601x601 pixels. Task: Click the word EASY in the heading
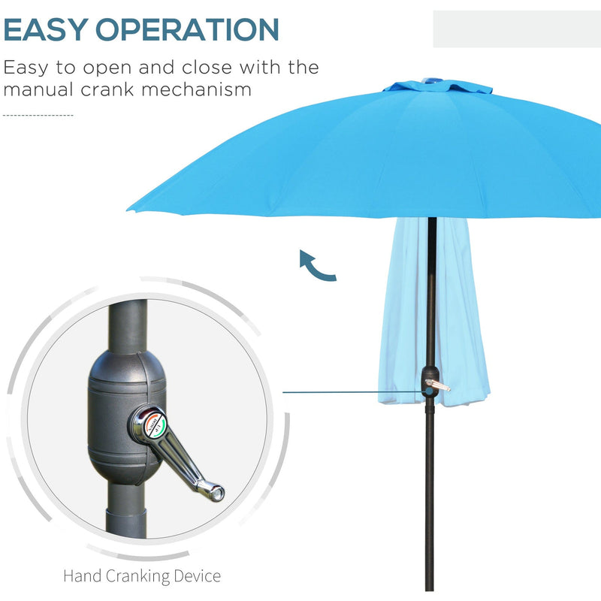coord(47,30)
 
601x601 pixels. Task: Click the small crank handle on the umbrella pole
coord(437,385)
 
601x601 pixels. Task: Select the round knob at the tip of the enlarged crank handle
coord(216,493)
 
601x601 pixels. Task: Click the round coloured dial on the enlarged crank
coord(147,422)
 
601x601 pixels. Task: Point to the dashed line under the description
coord(38,116)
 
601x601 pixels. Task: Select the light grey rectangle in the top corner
coord(516,29)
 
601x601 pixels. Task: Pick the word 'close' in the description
coord(216,68)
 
